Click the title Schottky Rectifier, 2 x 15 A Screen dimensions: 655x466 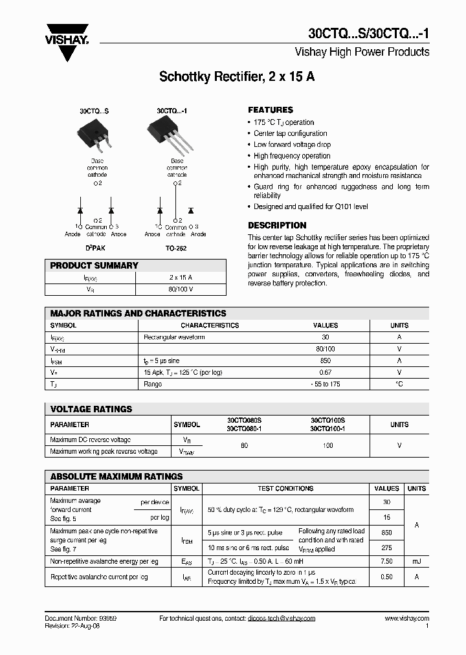[x=237, y=77]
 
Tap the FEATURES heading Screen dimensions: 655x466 [x=271, y=110]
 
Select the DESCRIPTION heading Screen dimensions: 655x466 [x=277, y=225]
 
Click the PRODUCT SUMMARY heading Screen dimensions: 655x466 [x=94, y=265]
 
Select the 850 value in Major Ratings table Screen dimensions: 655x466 [x=326, y=361]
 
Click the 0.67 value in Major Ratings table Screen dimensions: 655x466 [x=326, y=372]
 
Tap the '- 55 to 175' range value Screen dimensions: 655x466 [x=326, y=384]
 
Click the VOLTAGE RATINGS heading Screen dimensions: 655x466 [x=91, y=409]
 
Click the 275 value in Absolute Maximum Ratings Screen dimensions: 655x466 [x=386, y=548]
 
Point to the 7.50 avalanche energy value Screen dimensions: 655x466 [x=386, y=562]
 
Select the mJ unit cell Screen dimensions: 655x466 [x=416, y=562]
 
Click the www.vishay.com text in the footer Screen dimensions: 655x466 [x=406, y=619]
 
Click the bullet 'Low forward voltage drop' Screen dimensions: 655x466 [x=292, y=144]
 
